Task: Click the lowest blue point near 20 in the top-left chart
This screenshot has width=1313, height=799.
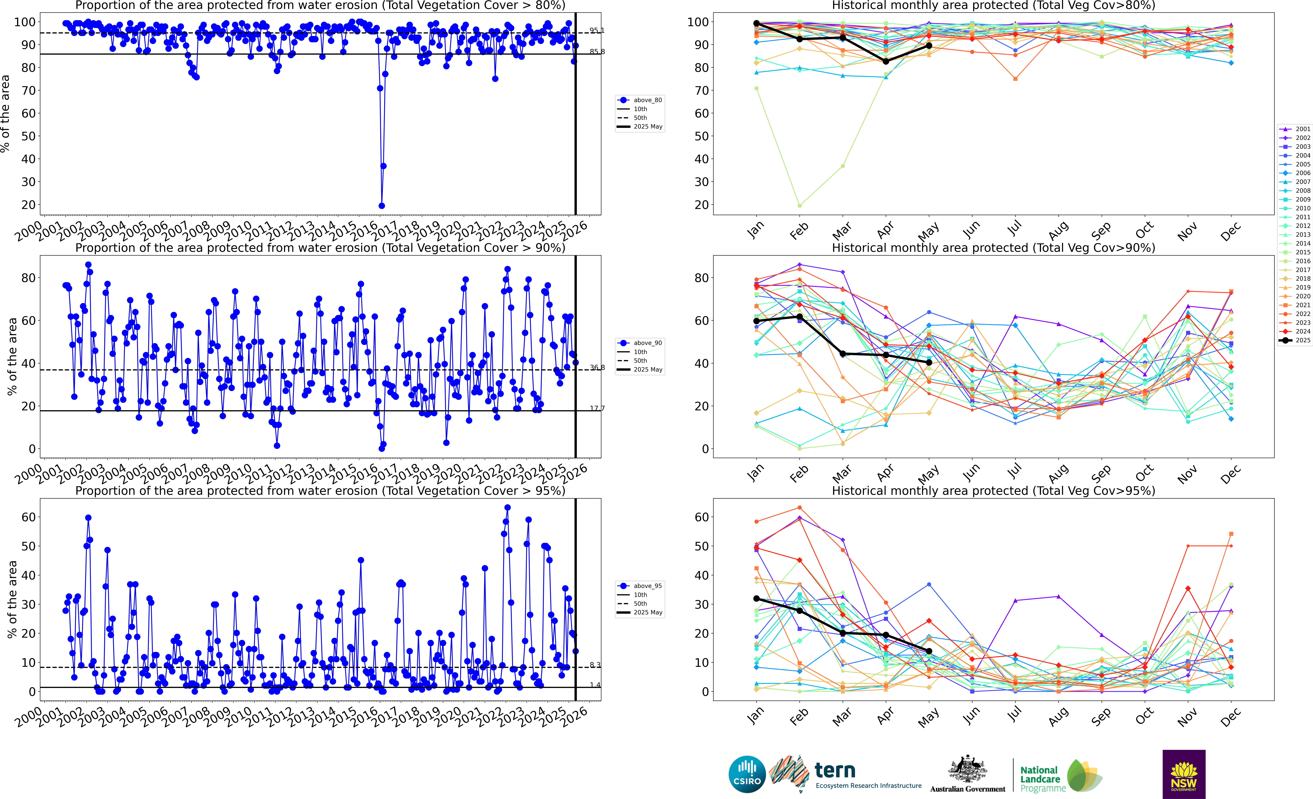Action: pos(382,206)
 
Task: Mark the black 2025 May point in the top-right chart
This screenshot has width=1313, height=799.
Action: pos(929,46)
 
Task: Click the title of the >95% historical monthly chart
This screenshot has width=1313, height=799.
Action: pos(993,491)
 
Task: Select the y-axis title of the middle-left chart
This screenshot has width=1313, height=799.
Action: pos(12,356)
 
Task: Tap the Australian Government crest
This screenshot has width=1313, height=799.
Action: pos(967,770)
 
